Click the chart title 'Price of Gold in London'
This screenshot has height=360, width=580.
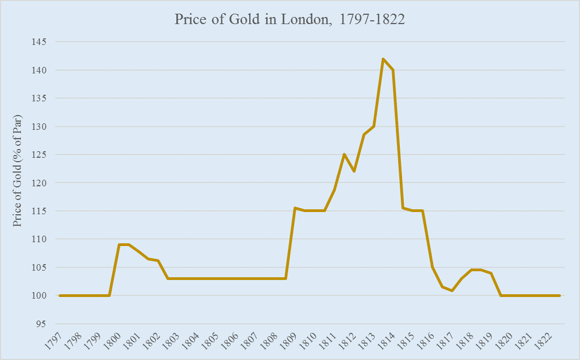(290, 20)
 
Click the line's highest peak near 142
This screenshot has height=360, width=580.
(383, 59)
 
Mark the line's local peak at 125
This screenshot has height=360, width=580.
(344, 155)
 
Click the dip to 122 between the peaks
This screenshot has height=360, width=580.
(354, 172)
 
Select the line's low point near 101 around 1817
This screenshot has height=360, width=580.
(452, 290)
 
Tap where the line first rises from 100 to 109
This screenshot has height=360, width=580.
(119, 244)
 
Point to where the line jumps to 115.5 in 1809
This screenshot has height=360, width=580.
(295, 208)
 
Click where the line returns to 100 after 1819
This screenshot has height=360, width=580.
(501, 295)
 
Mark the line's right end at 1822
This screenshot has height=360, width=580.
(560, 295)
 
